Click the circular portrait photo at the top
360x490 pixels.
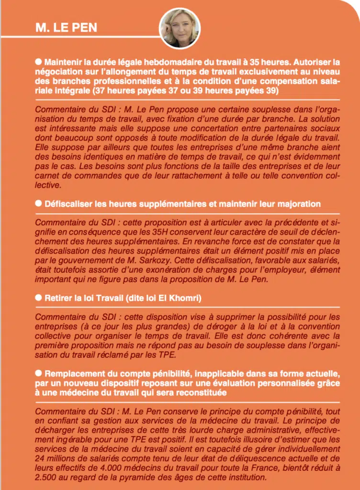(x=179, y=28)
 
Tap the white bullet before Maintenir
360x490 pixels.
(x=39, y=62)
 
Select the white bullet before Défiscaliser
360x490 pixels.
(x=39, y=203)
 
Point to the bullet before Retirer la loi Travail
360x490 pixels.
(x=39, y=298)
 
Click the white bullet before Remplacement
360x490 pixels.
(x=39, y=373)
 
